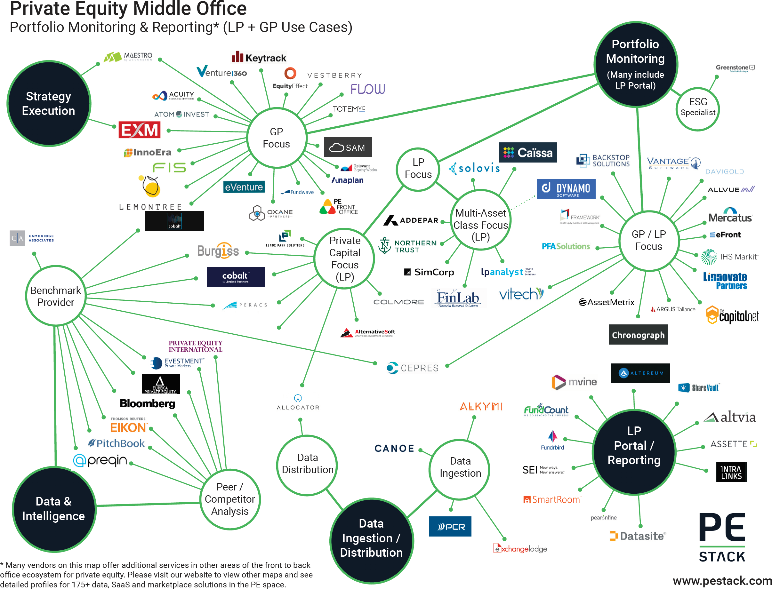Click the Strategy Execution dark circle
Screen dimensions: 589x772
tap(48, 103)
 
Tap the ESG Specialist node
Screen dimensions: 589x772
tap(697, 107)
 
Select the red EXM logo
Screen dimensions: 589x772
tap(139, 130)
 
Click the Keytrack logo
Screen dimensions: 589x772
tap(259, 57)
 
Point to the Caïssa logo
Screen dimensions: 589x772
tap(527, 153)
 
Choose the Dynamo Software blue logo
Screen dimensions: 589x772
tap(566, 189)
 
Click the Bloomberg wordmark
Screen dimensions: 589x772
tap(147, 403)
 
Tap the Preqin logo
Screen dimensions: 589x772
tap(100, 460)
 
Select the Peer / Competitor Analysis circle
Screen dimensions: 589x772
tap(230, 499)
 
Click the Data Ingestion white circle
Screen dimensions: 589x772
tap(460, 467)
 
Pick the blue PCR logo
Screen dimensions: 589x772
tap(450, 526)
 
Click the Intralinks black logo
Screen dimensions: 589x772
tap(731, 472)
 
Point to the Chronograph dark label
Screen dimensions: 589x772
tap(638, 335)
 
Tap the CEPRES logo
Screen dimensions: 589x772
tap(413, 368)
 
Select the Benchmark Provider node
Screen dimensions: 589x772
tap(55, 296)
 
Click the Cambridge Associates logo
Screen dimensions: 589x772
tap(32, 238)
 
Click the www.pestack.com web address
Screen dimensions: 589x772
tap(722, 581)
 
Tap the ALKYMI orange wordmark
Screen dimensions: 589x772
tap(481, 407)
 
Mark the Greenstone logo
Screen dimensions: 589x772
tap(735, 68)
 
